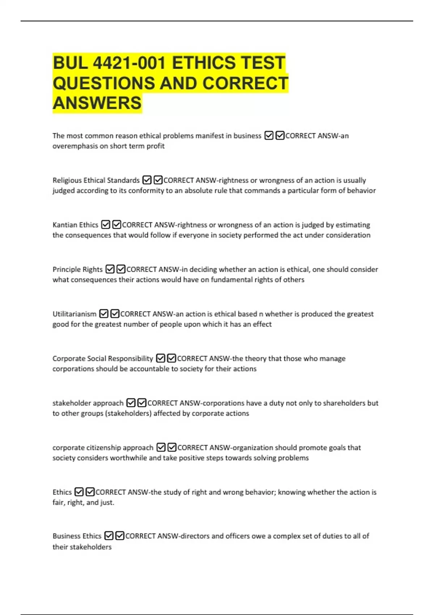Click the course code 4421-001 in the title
(129, 63)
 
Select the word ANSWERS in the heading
(97, 103)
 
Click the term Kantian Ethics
(75, 225)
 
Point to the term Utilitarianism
(75, 314)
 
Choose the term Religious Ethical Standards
(96, 180)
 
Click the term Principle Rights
(77, 270)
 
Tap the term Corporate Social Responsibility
(103, 359)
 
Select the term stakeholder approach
(88, 403)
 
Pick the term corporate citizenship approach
(103, 448)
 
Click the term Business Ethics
(77, 536)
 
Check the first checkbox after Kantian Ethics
(105, 225)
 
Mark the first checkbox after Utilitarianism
(103, 314)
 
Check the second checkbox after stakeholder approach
(142, 403)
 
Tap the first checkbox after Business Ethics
(109, 536)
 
